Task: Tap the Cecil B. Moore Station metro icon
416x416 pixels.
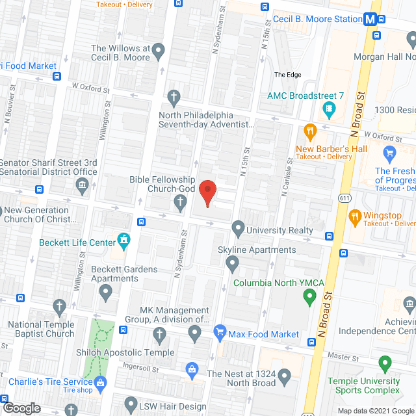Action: pos(370,19)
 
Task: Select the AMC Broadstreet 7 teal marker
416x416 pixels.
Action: pos(331,107)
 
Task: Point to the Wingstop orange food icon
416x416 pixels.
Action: pos(355,216)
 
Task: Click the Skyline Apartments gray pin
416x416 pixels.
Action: pos(232,263)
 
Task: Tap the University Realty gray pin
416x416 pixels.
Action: pos(238,229)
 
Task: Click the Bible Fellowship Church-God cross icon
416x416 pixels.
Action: pos(181,205)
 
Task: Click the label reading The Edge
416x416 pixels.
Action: pos(287,75)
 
